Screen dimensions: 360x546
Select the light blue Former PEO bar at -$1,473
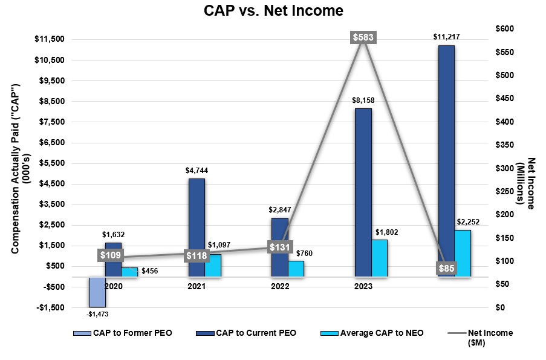click(x=97, y=292)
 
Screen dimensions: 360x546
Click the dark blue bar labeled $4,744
click(x=197, y=227)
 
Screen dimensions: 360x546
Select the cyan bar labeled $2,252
click(x=463, y=254)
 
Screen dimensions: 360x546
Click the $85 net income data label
click(x=446, y=268)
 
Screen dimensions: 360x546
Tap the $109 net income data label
click(x=110, y=255)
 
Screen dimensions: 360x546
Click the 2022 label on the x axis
click(x=280, y=286)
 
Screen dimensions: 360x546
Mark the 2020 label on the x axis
click(x=114, y=286)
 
